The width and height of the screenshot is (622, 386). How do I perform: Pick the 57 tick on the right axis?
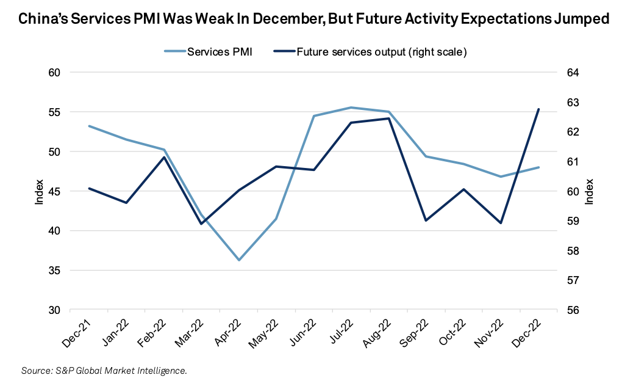[x=573, y=280]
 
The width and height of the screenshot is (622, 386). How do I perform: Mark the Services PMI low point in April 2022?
[x=239, y=260]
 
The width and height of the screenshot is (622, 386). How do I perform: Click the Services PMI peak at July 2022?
[x=351, y=107]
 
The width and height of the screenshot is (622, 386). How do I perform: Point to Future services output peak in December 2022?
[x=538, y=109]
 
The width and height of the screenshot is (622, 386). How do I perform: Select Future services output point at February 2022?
[x=164, y=157]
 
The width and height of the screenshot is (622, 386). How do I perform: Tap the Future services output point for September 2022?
[x=426, y=220]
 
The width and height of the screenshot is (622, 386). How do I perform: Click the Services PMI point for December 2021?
[x=89, y=126]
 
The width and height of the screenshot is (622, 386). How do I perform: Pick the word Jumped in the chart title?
[x=579, y=20]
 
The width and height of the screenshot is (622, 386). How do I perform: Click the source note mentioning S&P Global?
[x=104, y=371]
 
